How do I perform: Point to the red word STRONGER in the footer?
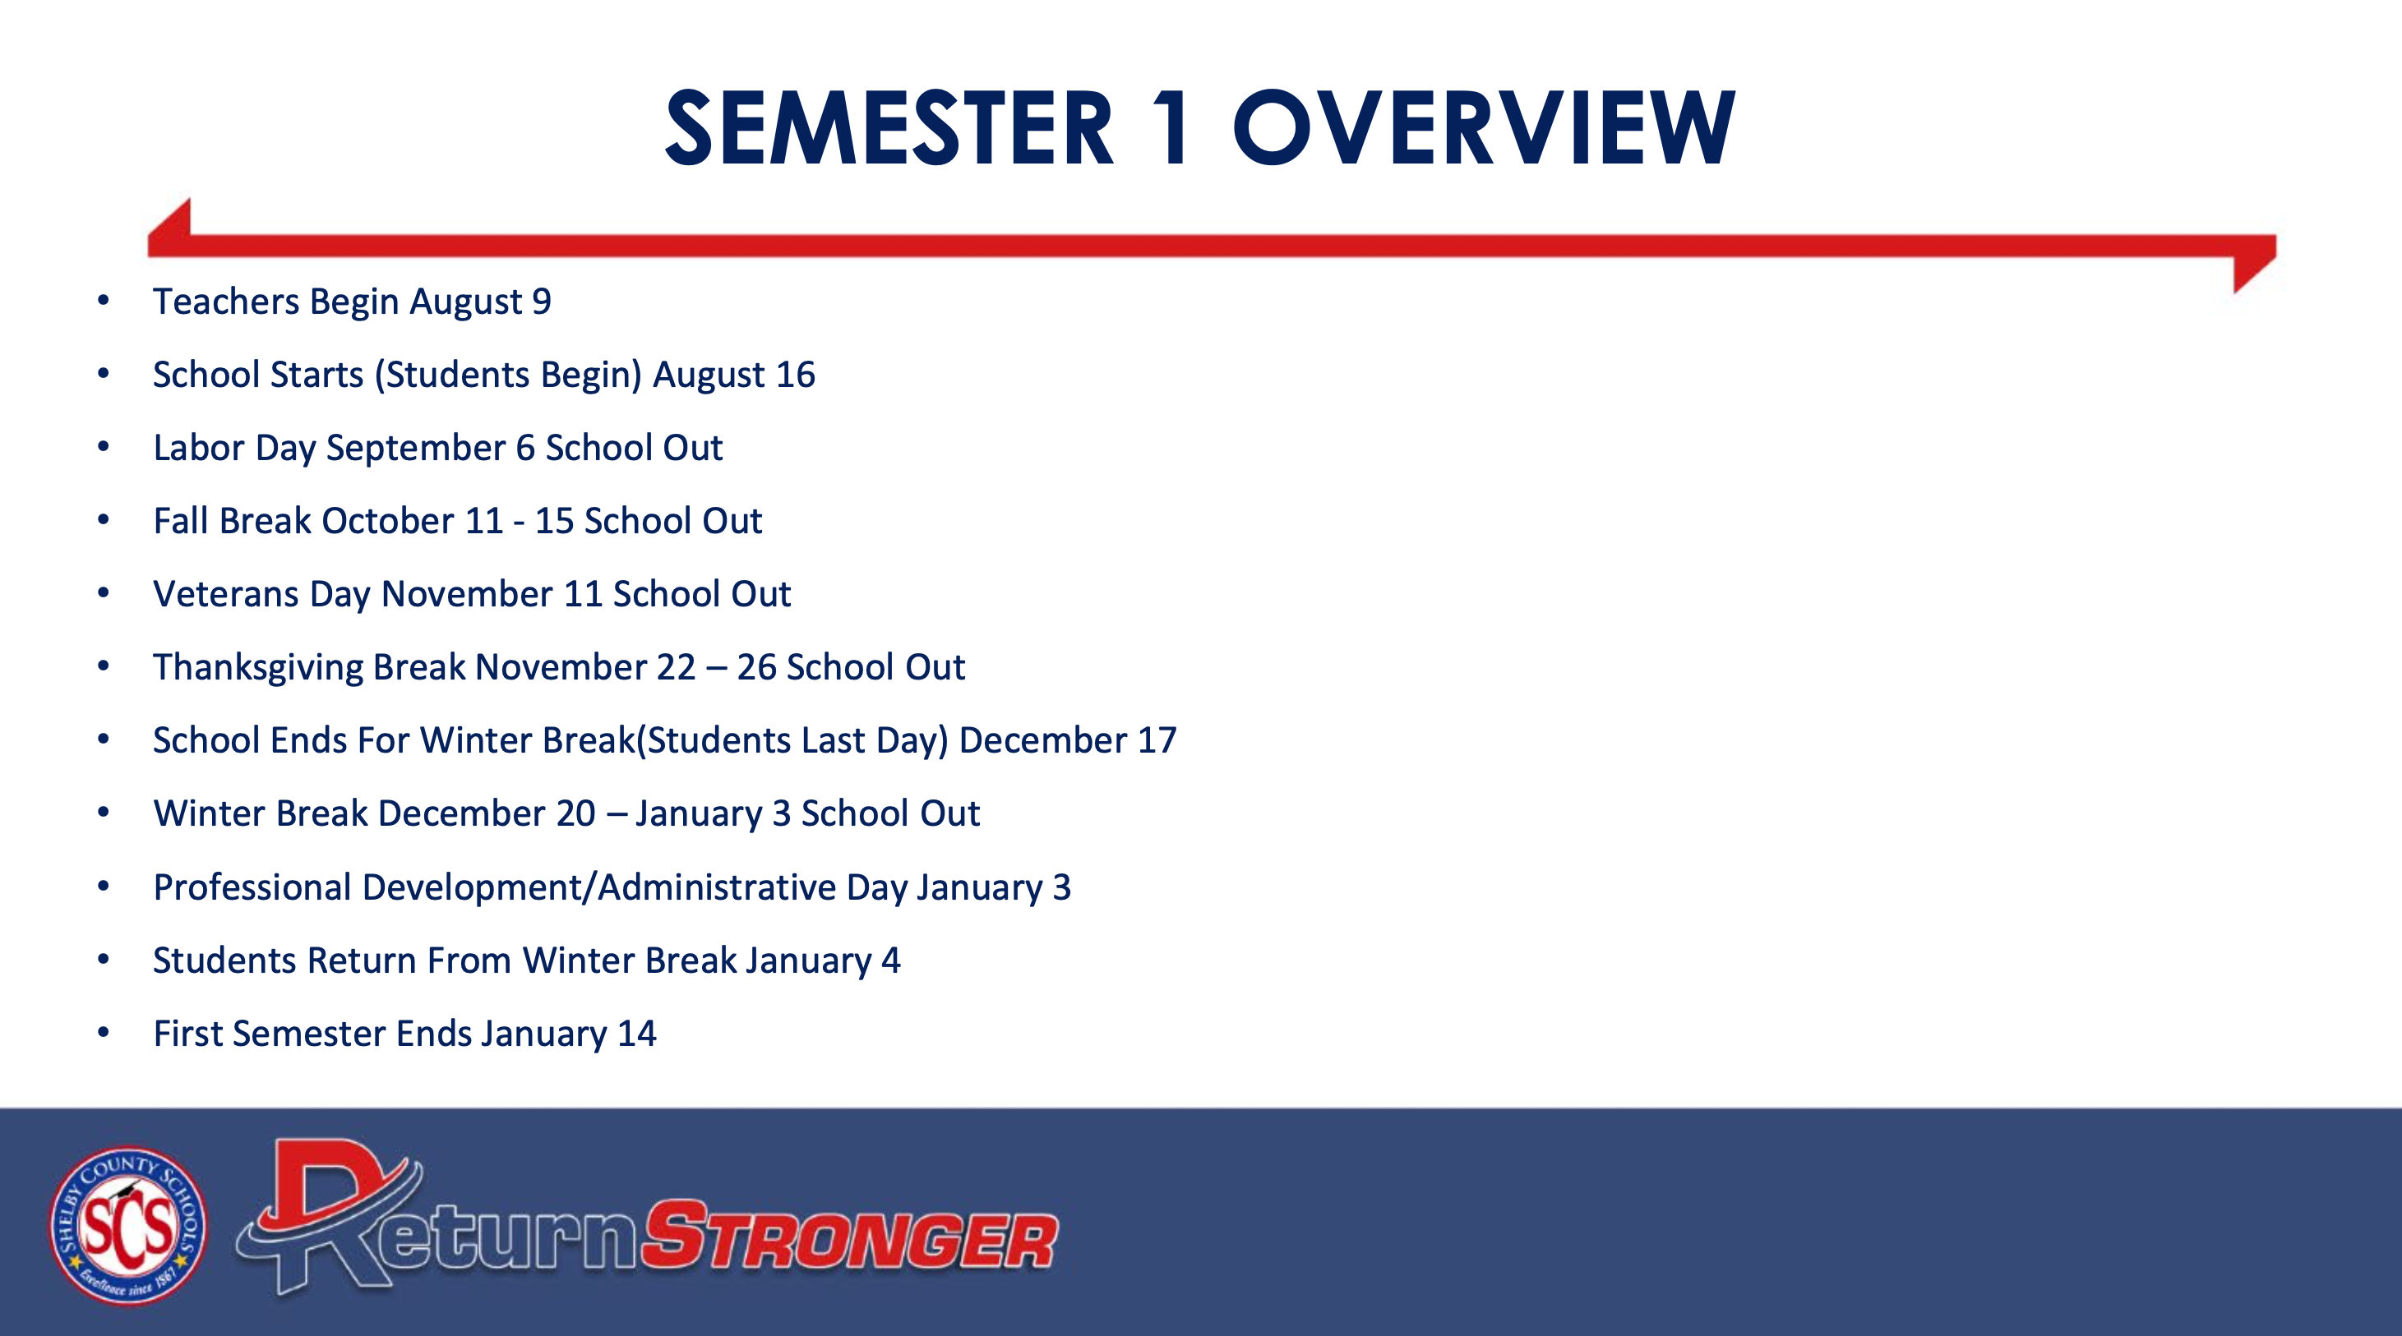click(x=849, y=1235)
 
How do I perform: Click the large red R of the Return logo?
click(x=331, y=1212)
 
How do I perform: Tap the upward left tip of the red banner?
click(x=189, y=199)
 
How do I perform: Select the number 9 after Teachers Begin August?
click(x=542, y=302)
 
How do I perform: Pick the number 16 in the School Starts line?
click(x=796, y=375)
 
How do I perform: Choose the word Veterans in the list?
click(x=226, y=594)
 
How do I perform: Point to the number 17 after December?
click(x=1157, y=740)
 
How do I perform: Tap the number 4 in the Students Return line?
click(x=891, y=961)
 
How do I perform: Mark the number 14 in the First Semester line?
click(x=637, y=1034)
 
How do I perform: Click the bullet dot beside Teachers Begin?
click(x=104, y=300)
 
